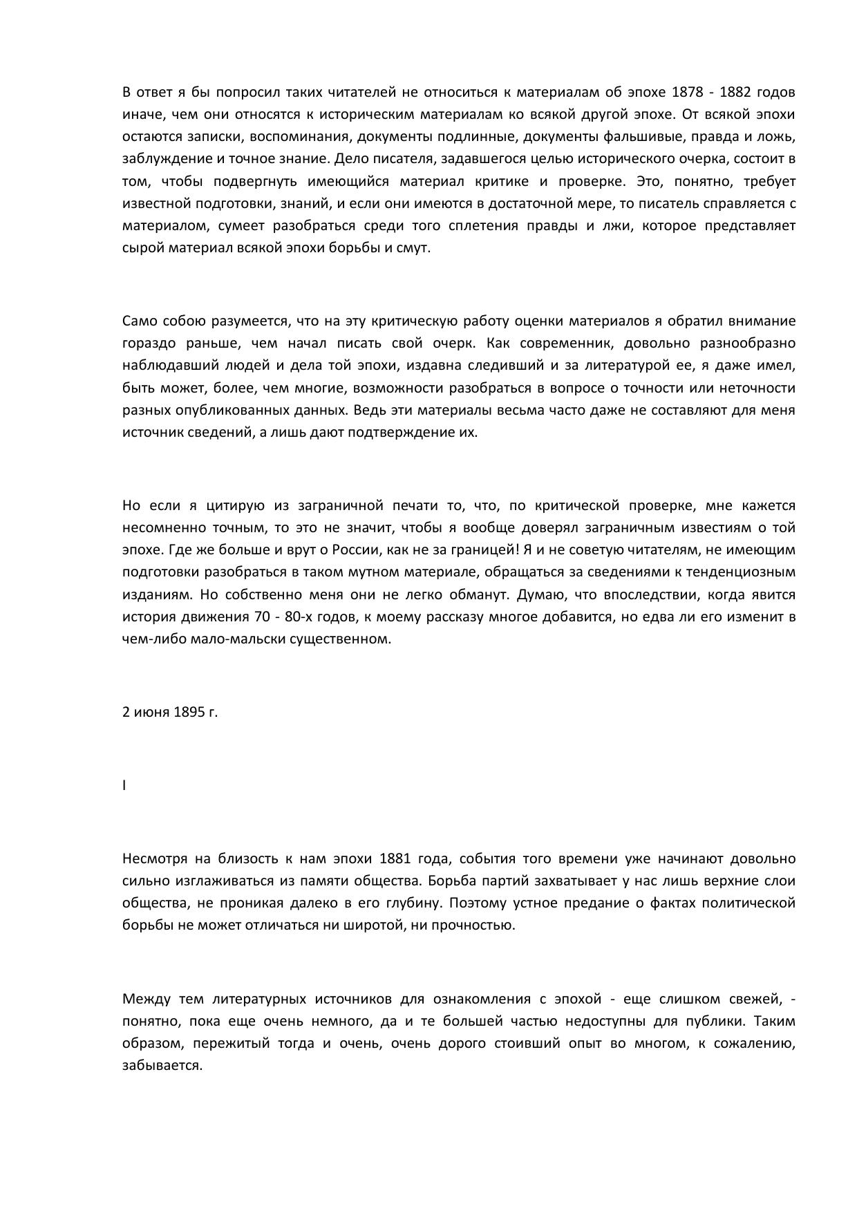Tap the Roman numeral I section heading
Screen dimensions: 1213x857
click(124, 785)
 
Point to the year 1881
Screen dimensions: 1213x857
click(395, 858)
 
